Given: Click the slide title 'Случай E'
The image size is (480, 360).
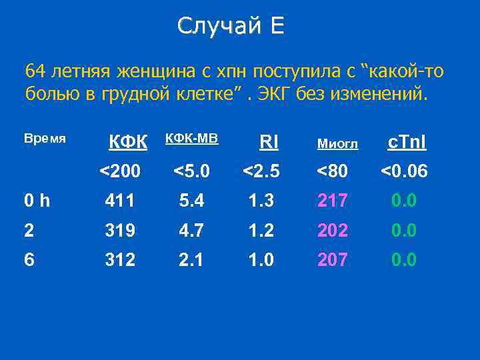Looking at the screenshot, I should click(x=231, y=26).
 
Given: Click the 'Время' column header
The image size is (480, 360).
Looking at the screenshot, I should click(x=45, y=139).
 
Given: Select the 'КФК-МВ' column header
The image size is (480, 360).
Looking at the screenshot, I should click(x=191, y=138).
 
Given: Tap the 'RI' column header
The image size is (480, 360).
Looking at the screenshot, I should click(x=269, y=141).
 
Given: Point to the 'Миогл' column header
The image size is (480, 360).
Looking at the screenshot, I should click(x=337, y=143).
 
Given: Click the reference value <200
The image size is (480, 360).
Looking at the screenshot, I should click(x=120, y=172).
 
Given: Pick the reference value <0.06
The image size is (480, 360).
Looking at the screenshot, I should click(x=403, y=172).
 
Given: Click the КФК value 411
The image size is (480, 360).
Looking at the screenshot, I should click(x=120, y=201).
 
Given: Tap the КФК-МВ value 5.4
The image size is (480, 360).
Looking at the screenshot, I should click(x=192, y=201).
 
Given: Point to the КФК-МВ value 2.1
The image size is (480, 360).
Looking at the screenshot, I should click(x=192, y=259).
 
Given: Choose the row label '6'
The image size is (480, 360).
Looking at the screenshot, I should click(x=30, y=259).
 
